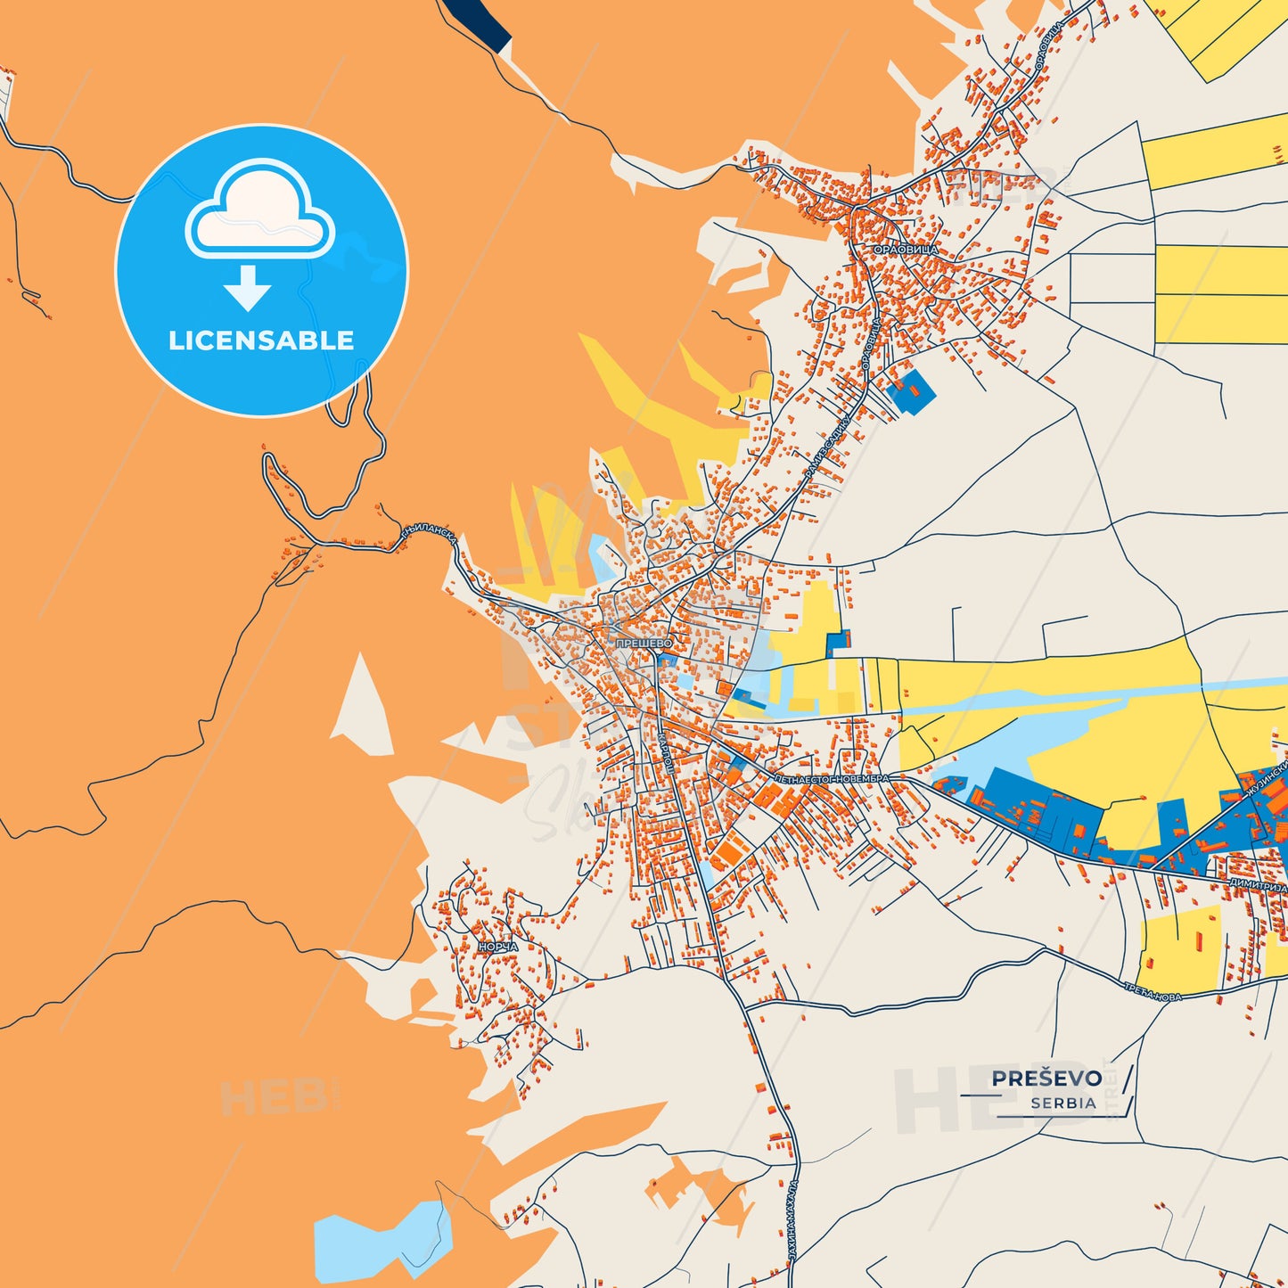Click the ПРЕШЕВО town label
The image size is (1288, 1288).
pos(644,643)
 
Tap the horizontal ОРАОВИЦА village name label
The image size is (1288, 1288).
pos(905,250)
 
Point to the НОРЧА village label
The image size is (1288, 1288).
pos(497,947)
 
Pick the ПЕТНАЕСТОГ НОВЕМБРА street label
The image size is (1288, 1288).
pos(831,779)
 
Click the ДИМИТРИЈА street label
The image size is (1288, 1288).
pos(1257,885)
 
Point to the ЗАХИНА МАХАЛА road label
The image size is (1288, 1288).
pos(792,1220)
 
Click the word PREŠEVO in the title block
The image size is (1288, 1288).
pos(1046,1079)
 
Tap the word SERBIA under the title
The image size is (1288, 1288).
pos(1063,1103)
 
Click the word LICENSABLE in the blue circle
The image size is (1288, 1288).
pos(261,340)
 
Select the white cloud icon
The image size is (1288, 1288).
pos(259,210)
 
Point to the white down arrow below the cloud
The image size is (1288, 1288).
pos(248,288)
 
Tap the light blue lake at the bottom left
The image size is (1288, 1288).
pos(379,1239)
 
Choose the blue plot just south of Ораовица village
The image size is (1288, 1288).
pos(910,390)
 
